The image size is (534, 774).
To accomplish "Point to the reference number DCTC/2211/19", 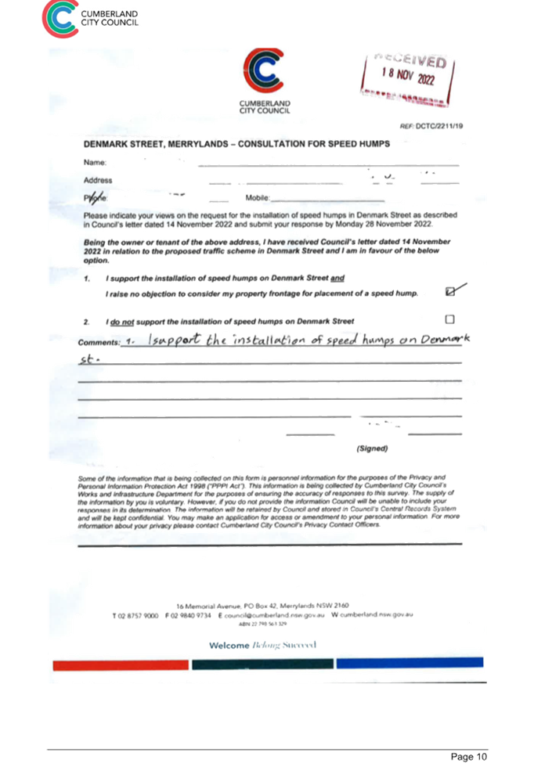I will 431,125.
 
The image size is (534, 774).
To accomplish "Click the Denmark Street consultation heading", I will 236,145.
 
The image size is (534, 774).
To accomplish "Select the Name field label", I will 94,162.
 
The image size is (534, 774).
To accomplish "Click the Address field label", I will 98,180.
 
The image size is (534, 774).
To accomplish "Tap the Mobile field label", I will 257,199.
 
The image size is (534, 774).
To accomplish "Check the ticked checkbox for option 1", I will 449,291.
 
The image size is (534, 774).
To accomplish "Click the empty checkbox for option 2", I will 449,319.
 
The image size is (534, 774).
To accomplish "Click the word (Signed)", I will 372,448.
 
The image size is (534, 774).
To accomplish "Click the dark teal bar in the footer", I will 262,664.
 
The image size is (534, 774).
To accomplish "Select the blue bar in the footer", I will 409,663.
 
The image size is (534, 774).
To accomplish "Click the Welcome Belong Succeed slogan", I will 262,644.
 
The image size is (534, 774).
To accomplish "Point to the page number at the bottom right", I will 469,757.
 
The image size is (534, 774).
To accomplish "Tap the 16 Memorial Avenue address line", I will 262,605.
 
